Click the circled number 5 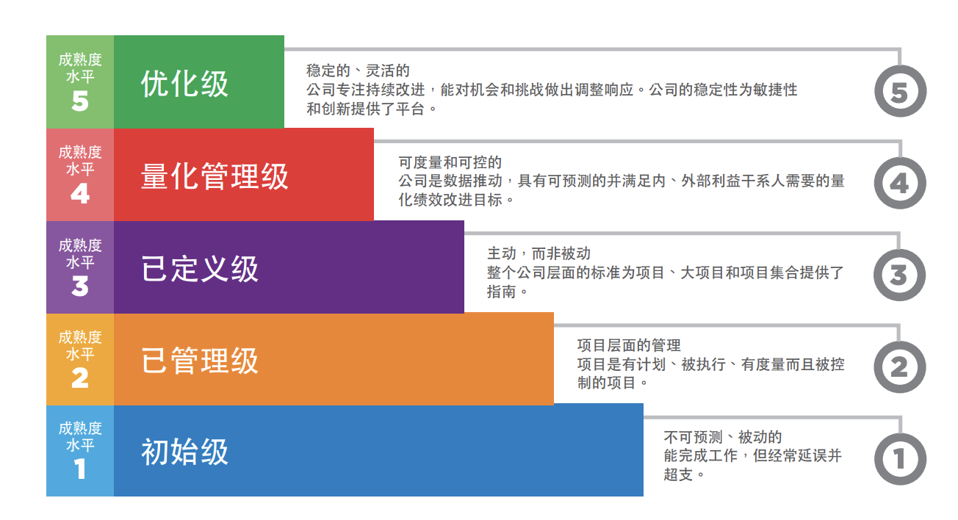(899, 93)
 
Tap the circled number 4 (899, 184)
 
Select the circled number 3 (899, 275)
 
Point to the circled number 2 (899, 367)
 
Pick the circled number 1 (899, 459)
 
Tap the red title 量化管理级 (215, 177)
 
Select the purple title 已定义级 (200, 270)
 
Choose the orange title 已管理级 (200, 361)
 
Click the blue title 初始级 (184, 452)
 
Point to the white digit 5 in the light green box (80, 101)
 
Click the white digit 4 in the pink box (80, 194)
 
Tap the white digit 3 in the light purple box (80, 286)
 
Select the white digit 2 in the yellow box (80, 378)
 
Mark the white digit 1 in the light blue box (80, 469)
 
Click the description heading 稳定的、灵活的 (358, 71)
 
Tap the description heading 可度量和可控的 (450, 162)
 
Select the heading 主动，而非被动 (539, 254)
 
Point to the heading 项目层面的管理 (629, 345)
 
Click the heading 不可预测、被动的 (723, 438)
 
